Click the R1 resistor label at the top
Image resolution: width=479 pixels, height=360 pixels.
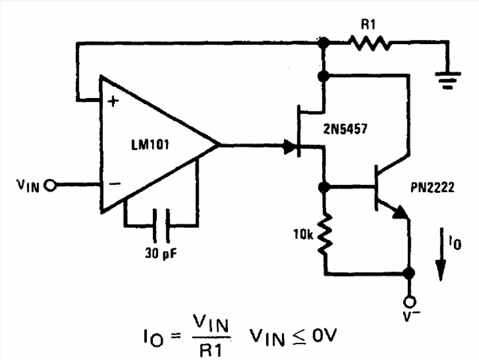[x=368, y=24]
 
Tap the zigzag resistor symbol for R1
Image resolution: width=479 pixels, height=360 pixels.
[x=370, y=43]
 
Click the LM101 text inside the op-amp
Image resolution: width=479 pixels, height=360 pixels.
[x=150, y=144]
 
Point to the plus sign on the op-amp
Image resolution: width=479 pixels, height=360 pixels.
[x=113, y=101]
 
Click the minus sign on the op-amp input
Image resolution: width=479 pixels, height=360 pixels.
[x=115, y=183]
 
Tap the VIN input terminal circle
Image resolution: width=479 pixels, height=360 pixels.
[x=50, y=185]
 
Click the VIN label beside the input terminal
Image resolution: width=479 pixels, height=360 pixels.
[x=28, y=185]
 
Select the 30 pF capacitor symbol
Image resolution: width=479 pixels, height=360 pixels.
[x=161, y=226]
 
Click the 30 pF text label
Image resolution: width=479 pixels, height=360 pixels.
[x=161, y=254]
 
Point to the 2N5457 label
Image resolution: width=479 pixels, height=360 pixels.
[x=345, y=129]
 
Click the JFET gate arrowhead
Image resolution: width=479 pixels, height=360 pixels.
[x=289, y=147]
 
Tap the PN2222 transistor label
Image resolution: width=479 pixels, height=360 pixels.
[x=432, y=187]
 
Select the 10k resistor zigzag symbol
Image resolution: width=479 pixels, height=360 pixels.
[x=325, y=234]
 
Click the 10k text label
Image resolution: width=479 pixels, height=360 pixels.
[x=303, y=234]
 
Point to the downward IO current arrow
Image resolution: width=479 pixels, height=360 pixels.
[x=441, y=254]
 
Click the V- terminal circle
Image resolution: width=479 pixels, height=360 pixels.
[x=409, y=302]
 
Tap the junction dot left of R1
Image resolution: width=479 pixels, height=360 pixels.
[x=323, y=42]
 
